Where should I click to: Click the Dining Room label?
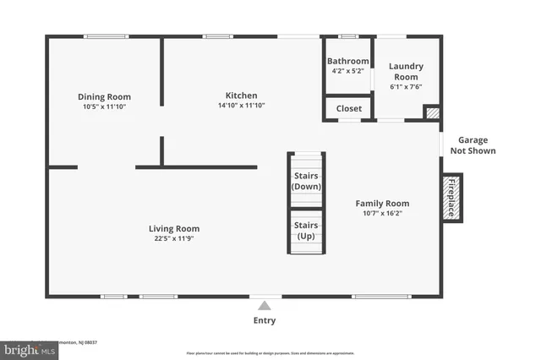pos(105,97)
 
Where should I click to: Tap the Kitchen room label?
pos(241,95)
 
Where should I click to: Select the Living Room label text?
pos(174,228)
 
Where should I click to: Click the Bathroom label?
pos(348,61)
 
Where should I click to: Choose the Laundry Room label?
pos(406,71)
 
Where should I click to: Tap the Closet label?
pos(348,108)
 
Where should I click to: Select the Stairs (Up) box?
pos(306,231)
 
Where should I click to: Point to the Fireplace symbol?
pos(451,198)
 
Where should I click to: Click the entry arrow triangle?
pos(265,306)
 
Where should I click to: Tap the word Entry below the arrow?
pos(265,320)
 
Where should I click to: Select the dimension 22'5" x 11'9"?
pos(174,238)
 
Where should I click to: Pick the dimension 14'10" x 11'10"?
pos(241,106)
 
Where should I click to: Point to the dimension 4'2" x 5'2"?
pos(348,71)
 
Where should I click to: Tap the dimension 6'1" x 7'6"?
pos(406,86)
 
